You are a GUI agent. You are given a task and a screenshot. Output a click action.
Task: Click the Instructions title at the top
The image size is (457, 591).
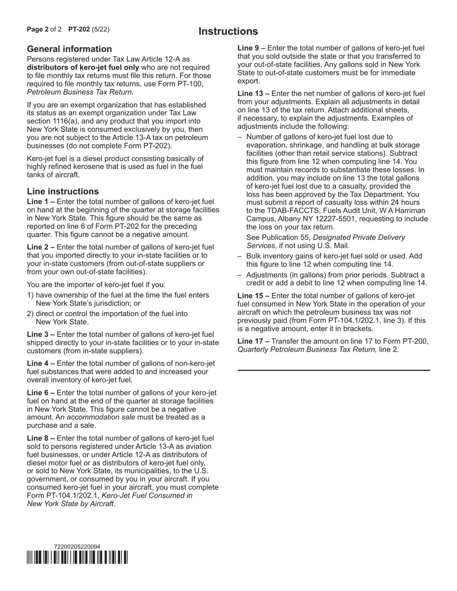(x=228, y=32)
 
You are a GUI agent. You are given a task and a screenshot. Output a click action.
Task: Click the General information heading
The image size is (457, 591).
(x=69, y=49)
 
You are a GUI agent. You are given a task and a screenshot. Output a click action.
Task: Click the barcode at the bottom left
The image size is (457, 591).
(x=77, y=557)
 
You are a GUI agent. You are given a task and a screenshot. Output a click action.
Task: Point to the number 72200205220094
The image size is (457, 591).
(x=77, y=547)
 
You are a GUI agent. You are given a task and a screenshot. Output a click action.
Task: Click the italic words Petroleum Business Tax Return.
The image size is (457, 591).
(x=80, y=92)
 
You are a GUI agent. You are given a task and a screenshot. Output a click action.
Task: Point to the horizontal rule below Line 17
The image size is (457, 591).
(x=334, y=370)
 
